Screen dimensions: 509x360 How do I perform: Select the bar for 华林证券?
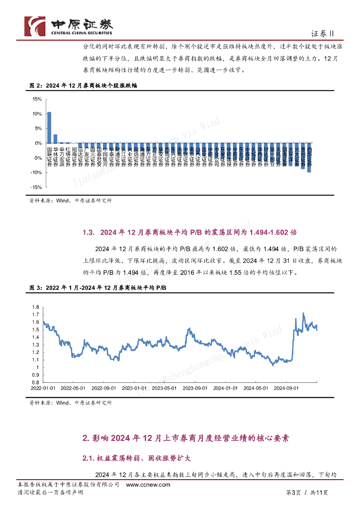(x=55, y=139)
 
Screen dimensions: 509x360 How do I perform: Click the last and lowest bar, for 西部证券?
(x=309, y=158)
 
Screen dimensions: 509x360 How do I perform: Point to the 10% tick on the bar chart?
(x=37, y=114)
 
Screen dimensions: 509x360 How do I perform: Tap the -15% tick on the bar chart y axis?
(x=36, y=187)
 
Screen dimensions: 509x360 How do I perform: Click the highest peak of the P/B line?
(x=304, y=314)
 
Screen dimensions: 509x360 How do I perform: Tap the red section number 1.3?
(x=89, y=232)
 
